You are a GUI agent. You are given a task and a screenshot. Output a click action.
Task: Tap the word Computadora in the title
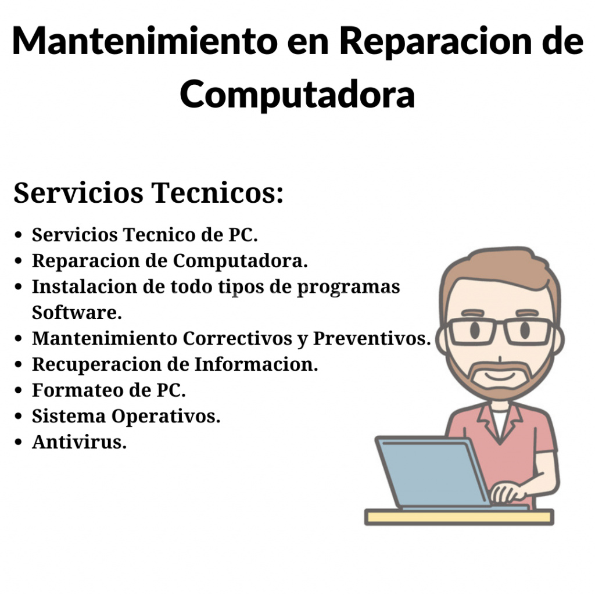point(297,95)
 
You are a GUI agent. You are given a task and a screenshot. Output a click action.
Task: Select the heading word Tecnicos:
point(217,193)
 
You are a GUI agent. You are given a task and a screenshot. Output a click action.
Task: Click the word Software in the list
point(77,313)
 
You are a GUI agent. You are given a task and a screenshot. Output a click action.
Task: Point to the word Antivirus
point(79,442)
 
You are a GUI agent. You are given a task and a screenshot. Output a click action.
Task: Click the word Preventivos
point(372,339)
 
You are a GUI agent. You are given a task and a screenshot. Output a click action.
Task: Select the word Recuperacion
point(97,364)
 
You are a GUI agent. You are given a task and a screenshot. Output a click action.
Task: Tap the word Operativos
point(166,417)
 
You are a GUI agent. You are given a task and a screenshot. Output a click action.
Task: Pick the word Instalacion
point(84,286)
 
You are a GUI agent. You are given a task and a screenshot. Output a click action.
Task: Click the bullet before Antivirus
point(18,442)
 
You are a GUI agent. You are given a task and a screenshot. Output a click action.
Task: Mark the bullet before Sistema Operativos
point(18,416)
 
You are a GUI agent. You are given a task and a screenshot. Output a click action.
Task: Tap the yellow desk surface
point(459,517)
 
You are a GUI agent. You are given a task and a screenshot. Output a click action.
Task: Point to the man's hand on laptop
point(507,492)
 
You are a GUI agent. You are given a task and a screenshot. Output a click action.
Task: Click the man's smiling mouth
point(500,376)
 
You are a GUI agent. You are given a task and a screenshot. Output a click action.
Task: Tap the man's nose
point(500,359)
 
